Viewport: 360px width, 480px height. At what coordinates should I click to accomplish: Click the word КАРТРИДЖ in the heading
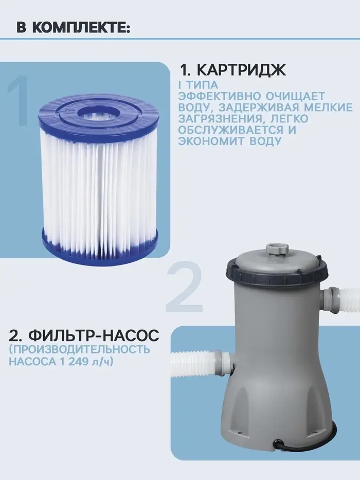241,70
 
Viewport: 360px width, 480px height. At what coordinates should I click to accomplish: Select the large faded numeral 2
184,286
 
